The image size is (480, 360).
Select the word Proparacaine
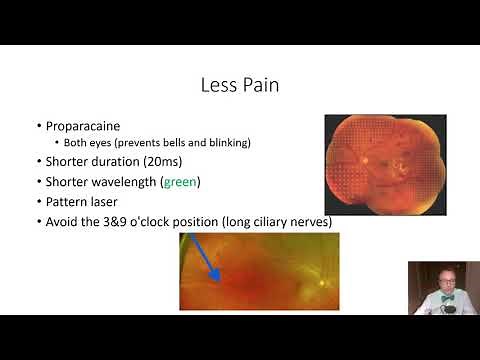coord(83,126)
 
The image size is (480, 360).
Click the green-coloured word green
coord(182,182)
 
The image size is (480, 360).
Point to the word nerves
coord(310,221)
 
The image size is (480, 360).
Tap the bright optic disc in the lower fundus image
coord(320,281)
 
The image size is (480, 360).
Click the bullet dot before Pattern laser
coord(38,202)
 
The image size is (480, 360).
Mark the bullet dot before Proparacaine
coord(38,126)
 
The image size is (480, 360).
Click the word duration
coord(117,161)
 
